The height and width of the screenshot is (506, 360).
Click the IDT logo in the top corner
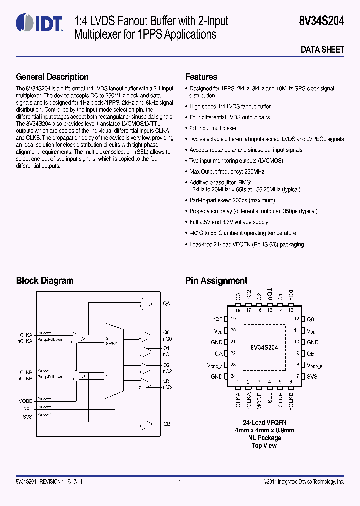[x=39, y=22]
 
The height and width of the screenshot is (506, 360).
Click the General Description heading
[x=52, y=77]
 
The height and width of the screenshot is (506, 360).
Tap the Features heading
[x=201, y=77]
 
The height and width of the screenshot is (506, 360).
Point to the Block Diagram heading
[x=45, y=281]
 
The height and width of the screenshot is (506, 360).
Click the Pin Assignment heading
[x=216, y=281]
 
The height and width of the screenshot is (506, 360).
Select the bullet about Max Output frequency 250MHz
[x=227, y=172]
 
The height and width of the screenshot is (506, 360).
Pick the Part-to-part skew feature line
[x=232, y=200]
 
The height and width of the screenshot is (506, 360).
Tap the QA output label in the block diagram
[x=167, y=304]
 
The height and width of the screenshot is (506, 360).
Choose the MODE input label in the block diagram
[x=25, y=401]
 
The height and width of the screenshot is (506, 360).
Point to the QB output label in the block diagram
[x=167, y=424]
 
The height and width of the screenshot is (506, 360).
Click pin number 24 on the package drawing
[x=233, y=376]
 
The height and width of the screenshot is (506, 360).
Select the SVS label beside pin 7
[x=312, y=376]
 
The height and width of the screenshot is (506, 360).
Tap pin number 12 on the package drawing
[x=296, y=319]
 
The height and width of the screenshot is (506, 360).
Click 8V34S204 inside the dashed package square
[x=264, y=347]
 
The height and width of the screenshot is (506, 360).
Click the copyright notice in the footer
[x=303, y=481]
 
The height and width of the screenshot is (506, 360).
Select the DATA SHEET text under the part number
[x=322, y=50]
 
